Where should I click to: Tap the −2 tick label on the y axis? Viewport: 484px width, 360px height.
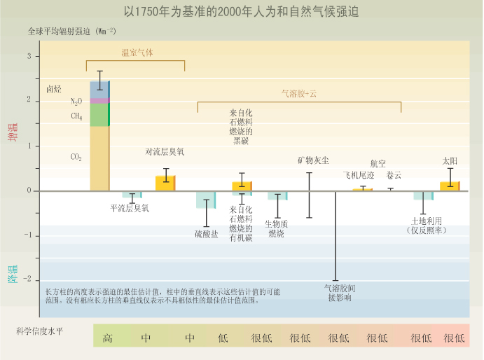(27, 280)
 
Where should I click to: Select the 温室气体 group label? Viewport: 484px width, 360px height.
(137, 53)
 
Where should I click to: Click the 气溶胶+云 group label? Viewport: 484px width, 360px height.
(299, 92)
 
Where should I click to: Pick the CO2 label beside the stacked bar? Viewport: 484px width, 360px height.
(76, 158)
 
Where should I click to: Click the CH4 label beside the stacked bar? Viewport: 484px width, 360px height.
(76, 116)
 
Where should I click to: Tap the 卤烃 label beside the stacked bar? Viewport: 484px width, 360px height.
(54, 89)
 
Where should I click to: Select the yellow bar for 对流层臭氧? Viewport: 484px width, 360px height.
(165, 183)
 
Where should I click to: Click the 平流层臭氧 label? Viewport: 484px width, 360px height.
(130, 208)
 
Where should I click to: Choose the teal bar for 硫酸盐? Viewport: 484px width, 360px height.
(206, 199)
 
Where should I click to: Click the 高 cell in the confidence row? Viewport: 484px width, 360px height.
(108, 338)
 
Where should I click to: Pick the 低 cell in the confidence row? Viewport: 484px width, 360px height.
(223, 338)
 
